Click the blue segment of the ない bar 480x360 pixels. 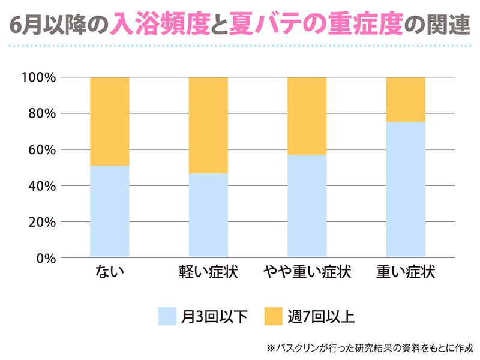[x=109, y=211]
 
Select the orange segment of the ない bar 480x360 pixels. [x=109, y=121]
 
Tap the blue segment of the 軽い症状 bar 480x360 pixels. [x=208, y=215]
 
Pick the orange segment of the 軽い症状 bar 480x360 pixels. [x=208, y=125]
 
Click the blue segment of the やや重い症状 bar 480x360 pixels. [x=307, y=206]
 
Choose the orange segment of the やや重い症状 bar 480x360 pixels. [x=307, y=116]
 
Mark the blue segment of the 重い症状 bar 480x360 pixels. [x=406, y=190]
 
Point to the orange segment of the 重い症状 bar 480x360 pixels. [x=406, y=100]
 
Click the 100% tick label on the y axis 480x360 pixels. [x=38, y=77]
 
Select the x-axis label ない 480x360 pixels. [x=109, y=273]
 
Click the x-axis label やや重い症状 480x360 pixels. [x=307, y=273]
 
